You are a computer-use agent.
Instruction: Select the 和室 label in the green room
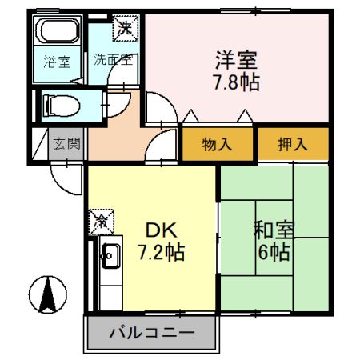[274, 230]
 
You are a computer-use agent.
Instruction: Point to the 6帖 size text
[274, 253]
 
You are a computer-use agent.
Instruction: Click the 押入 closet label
[293, 145]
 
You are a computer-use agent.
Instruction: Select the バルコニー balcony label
[150, 332]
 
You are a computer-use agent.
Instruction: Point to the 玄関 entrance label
[67, 145]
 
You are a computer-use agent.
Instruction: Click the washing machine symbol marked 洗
[126, 28]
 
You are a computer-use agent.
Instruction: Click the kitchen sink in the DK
[110, 258]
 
